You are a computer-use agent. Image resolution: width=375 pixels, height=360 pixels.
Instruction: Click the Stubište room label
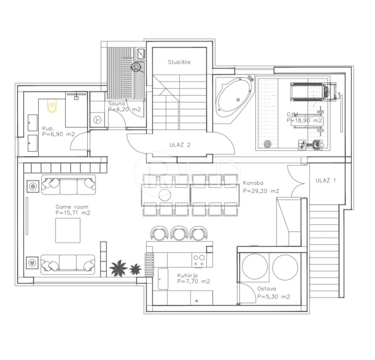tap(179, 63)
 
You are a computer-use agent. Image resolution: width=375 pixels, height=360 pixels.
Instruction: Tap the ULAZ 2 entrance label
tap(180, 145)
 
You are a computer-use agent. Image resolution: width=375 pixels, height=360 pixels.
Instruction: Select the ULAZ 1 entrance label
tap(326, 180)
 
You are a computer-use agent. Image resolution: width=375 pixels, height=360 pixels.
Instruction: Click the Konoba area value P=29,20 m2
tap(261, 191)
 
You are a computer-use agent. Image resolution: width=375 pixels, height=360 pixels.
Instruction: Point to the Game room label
tap(72, 207)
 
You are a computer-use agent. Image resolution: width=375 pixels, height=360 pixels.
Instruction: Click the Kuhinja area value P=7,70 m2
tap(193, 281)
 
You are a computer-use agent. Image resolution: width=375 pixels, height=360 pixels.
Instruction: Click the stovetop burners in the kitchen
tap(199, 261)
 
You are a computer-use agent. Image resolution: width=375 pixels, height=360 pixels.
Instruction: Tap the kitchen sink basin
tap(162, 279)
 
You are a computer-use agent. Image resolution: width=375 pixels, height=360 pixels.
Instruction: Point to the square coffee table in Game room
tap(68, 230)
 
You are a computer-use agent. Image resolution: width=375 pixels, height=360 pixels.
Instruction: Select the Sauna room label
tap(115, 104)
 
